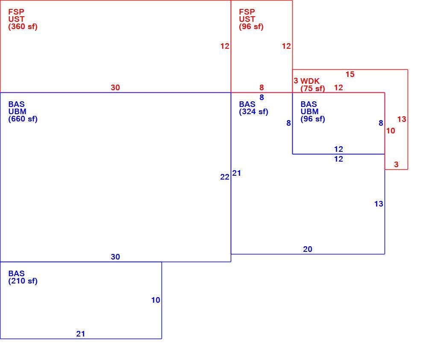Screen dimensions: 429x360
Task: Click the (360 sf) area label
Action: [x=23, y=27]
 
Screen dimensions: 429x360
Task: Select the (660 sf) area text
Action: [x=23, y=119]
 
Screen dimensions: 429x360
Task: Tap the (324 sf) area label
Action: [x=253, y=112]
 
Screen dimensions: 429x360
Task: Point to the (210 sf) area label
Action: [x=23, y=281]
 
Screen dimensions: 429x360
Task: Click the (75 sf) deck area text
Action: [x=312, y=89]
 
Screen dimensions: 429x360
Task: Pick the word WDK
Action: [x=310, y=81]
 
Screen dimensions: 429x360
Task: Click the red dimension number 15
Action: [x=350, y=74]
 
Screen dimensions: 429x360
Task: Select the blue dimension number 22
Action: [x=225, y=177]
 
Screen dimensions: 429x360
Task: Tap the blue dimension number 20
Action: [x=308, y=249]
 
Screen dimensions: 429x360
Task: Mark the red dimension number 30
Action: [x=115, y=88]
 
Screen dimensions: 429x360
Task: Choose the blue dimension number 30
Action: [x=115, y=257]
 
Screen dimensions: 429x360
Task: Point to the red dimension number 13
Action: [x=402, y=119]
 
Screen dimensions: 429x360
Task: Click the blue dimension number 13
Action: [x=379, y=204]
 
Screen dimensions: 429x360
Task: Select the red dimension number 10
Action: [x=391, y=131]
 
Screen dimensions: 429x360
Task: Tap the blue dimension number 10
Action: [x=156, y=300]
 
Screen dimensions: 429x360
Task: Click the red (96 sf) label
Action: [x=251, y=27]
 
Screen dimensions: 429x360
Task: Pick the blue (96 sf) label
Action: [x=313, y=119]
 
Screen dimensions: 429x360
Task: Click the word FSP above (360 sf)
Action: [x=16, y=12]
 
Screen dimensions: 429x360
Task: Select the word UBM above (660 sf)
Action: [x=17, y=112]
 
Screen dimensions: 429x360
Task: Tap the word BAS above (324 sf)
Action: [x=247, y=104]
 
